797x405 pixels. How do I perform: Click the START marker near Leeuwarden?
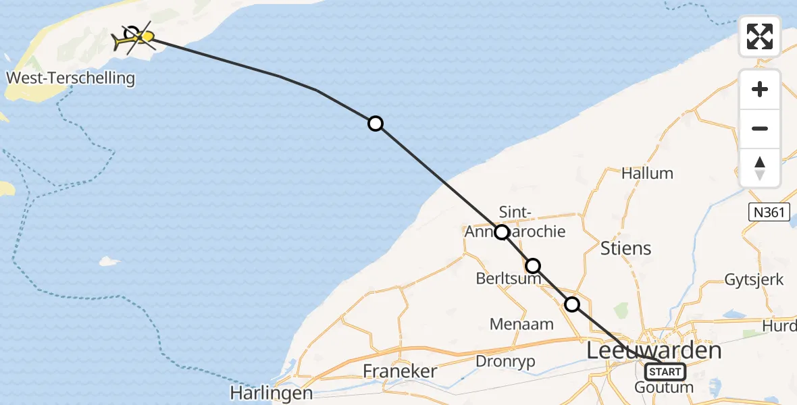click(665, 371)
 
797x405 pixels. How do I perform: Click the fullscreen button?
click(760, 36)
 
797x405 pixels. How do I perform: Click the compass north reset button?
click(760, 168)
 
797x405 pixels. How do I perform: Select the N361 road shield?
click(769, 213)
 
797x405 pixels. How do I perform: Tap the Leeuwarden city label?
click(654, 350)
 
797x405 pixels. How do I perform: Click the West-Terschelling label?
click(70, 78)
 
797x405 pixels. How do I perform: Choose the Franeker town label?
click(400, 371)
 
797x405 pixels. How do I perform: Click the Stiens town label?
click(626, 248)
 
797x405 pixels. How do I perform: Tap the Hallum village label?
click(647, 173)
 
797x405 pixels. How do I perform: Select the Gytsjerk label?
click(754, 279)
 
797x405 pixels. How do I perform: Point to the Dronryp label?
click(505, 361)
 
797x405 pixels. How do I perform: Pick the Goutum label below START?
click(664, 387)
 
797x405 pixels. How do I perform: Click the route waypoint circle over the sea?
click(376, 124)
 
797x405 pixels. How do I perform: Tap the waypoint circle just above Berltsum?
click(533, 265)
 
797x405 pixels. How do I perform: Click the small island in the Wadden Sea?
click(108, 261)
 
